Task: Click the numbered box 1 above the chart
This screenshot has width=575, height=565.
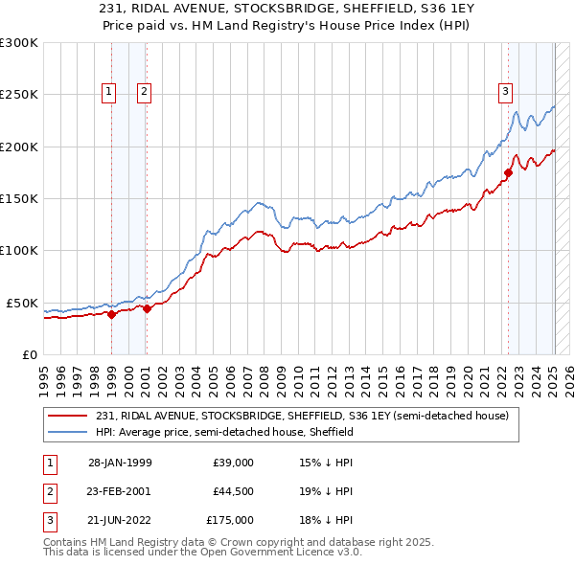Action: tap(108, 92)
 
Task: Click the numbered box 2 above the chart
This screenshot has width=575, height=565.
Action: tap(144, 92)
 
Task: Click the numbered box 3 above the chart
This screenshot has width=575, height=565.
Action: tap(505, 92)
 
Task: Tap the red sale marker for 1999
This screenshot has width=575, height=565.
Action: tap(112, 313)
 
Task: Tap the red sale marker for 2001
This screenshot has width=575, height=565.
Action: tap(147, 308)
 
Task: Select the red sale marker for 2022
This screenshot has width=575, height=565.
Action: tap(509, 172)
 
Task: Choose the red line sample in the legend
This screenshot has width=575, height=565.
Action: tap(68, 417)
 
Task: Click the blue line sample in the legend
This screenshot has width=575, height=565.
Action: tap(68, 433)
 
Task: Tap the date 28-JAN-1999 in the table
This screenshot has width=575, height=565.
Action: tap(119, 463)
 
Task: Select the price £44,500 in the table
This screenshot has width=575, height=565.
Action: tap(233, 491)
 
